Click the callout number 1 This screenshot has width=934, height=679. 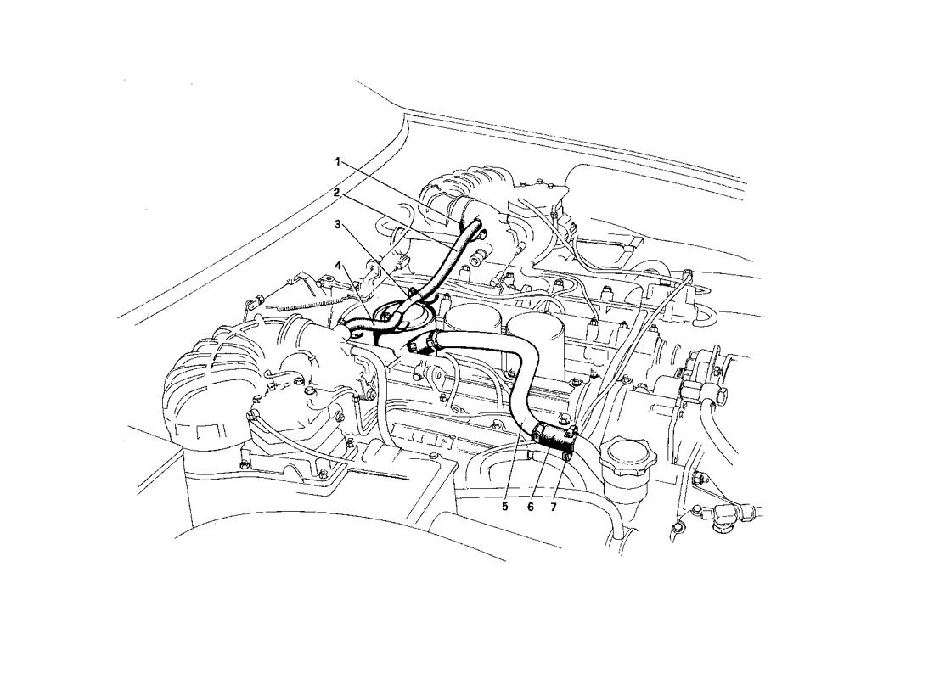pyautogui.click(x=337, y=161)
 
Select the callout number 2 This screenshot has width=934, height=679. pyautogui.click(x=337, y=193)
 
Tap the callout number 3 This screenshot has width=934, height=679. pyautogui.click(x=337, y=225)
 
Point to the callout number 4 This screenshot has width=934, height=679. pyautogui.click(x=337, y=264)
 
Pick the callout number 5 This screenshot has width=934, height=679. pyautogui.click(x=504, y=507)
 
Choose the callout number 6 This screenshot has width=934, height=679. pyautogui.click(x=530, y=507)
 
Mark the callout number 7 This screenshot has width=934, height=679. pyautogui.click(x=553, y=507)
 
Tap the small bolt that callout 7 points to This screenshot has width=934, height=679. pyautogui.click(x=565, y=457)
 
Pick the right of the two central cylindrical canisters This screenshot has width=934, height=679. pyautogui.click(x=536, y=334)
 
